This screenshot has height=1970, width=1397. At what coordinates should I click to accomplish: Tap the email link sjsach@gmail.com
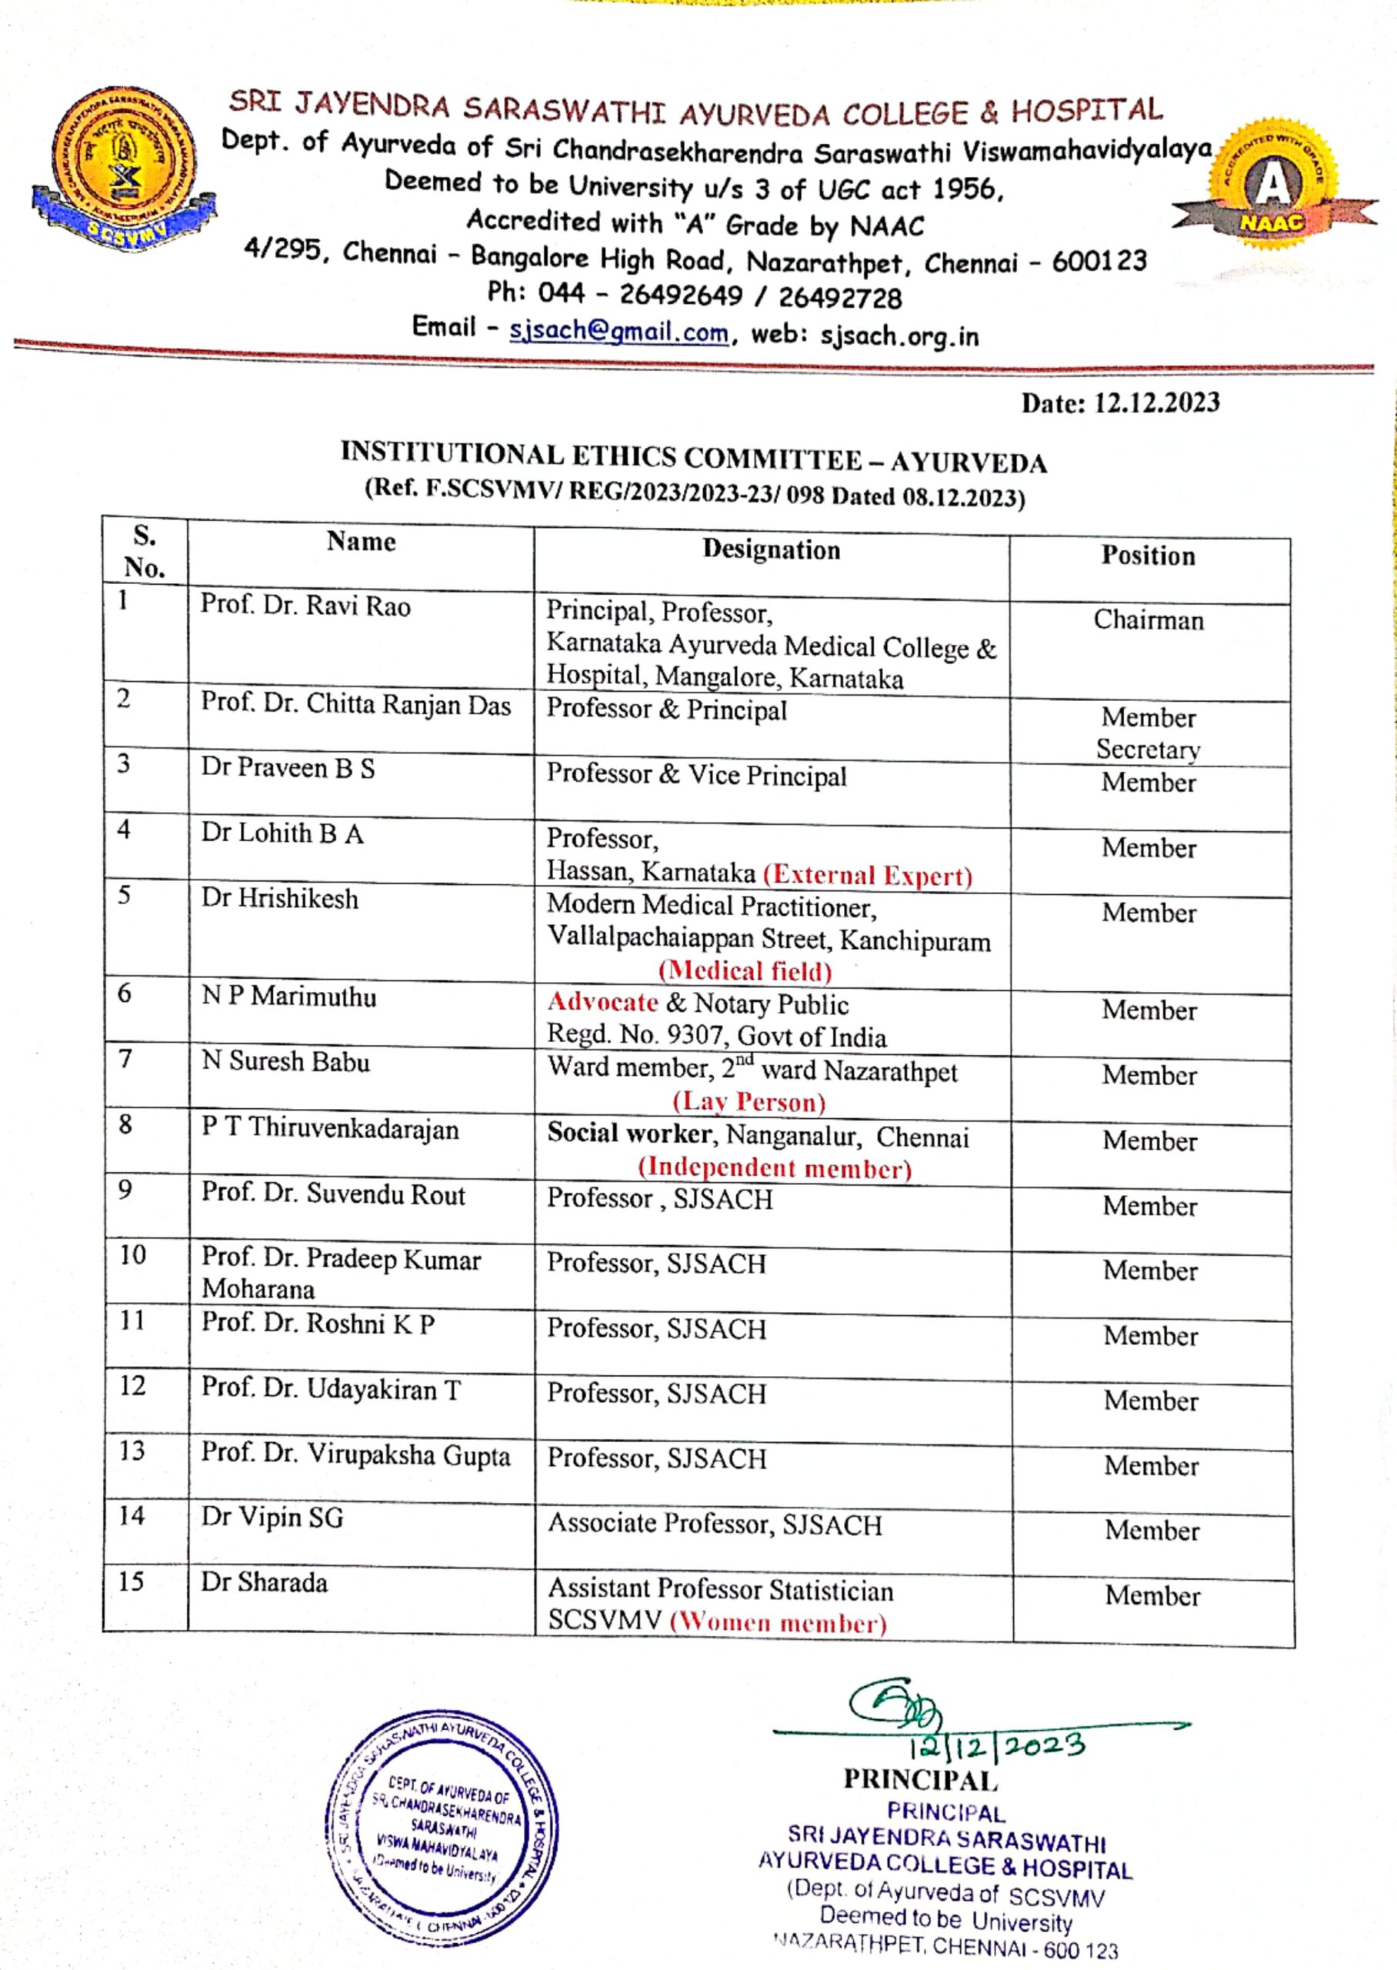(x=618, y=331)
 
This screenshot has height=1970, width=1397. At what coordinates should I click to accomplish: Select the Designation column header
(x=771, y=549)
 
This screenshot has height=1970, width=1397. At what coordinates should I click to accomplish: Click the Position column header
(x=1149, y=556)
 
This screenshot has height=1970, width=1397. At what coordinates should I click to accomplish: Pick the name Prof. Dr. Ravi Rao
(x=305, y=606)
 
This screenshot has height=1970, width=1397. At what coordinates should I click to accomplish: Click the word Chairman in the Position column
(x=1149, y=619)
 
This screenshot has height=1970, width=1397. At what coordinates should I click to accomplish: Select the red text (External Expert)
(x=867, y=875)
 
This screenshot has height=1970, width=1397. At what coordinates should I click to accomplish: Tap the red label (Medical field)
(x=745, y=970)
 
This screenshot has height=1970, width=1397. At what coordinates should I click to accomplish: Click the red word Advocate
(x=602, y=1002)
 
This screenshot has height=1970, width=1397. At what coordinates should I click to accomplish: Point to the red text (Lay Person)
(x=749, y=1102)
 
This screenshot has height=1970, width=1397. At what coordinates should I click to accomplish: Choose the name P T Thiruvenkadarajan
(x=330, y=1128)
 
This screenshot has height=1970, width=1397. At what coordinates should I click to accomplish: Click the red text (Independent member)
(x=774, y=1167)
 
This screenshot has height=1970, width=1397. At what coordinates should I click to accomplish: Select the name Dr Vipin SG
(x=272, y=1517)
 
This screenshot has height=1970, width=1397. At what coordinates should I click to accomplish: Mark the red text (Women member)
(x=778, y=1622)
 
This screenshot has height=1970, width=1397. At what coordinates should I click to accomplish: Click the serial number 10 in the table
(x=132, y=1255)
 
